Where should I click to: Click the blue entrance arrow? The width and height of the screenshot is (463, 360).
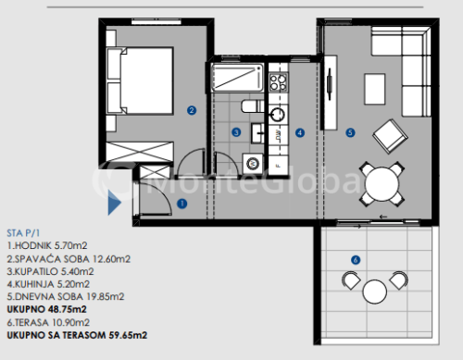click(114, 203)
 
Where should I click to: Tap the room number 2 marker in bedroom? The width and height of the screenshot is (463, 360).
click(192, 110)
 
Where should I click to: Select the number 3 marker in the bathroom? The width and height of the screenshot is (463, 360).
click(236, 132)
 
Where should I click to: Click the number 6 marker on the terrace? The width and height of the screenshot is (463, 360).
click(356, 260)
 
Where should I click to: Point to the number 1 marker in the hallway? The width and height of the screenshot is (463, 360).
click(182, 204)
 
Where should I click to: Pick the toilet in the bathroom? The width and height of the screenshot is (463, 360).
click(253, 106)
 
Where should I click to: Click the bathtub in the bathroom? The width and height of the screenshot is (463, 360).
click(237, 77)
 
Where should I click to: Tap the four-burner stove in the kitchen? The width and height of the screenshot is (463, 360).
click(278, 82)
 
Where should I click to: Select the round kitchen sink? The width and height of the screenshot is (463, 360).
click(278, 115)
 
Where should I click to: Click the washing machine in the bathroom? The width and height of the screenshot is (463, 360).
click(253, 163)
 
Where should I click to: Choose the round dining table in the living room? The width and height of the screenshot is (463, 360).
click(382, 184)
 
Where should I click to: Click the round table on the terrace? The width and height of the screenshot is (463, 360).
click(374, 292)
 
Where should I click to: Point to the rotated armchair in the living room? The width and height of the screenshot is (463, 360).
click(390, 136)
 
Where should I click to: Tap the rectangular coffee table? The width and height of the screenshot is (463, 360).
click(375, 89)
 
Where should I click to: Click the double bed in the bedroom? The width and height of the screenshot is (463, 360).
click(140, 81)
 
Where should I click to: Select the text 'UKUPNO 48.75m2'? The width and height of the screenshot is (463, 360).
click(46, 309)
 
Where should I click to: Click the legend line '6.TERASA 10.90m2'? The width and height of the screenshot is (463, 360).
click(48, 323)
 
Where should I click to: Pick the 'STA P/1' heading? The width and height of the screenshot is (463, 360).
click(23, 233)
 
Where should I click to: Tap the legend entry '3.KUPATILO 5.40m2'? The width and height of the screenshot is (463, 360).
click(50, 271)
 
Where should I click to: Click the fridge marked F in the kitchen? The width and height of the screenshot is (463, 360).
click(279, 166)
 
